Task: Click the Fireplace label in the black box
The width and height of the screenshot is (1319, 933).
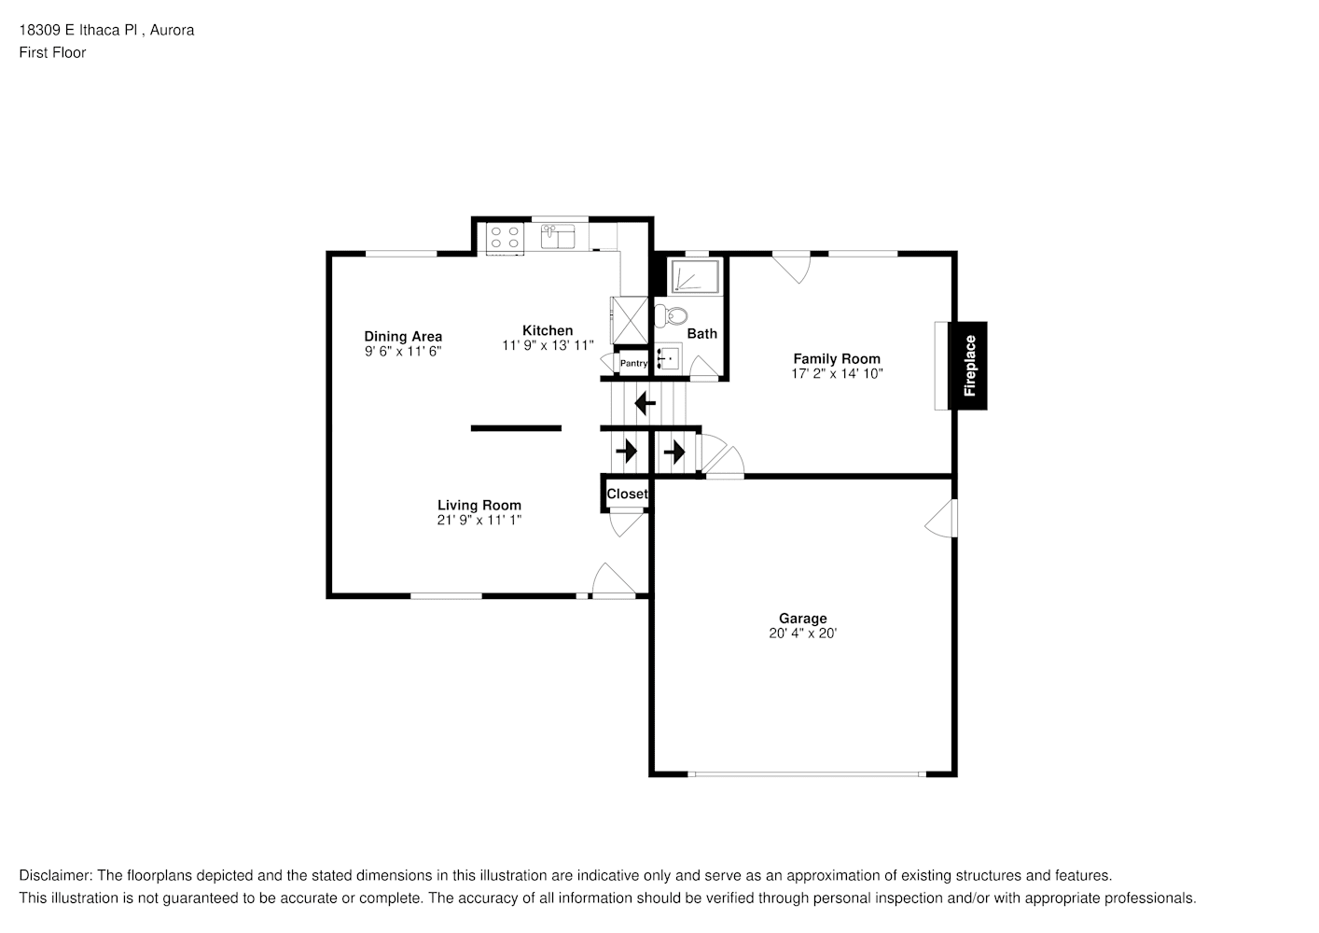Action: point(968,366)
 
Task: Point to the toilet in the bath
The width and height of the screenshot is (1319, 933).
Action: point(668,315)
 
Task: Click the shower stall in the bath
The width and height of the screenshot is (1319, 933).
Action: point(696,277)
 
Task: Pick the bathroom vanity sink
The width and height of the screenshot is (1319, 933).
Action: point(668,356)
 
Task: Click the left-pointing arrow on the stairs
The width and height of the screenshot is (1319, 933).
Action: point(645,404)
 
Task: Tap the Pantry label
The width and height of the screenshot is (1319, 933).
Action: point(633,363)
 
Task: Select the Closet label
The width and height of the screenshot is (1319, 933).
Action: point(627,494)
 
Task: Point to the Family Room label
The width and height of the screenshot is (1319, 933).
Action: point(836,358)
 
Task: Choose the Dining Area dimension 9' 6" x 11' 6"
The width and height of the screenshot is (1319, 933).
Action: point(402,352)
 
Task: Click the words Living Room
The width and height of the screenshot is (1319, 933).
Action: point(479,505)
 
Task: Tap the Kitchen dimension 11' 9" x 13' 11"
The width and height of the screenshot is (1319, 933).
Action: point(547,345)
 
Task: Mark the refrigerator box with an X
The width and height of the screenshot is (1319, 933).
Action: point(629,320)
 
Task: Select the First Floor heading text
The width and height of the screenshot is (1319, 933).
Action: point(52,52)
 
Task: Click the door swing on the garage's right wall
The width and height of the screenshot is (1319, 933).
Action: point(942,519)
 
